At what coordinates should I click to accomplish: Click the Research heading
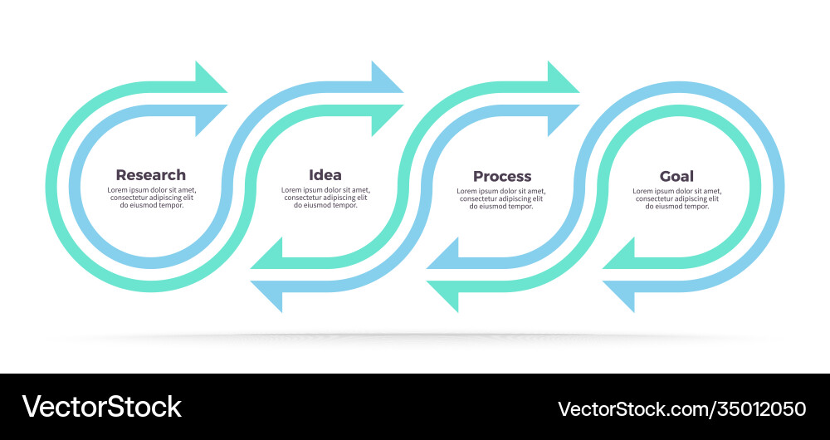tap(150, 175)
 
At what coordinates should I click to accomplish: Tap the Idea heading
tap(325, 175)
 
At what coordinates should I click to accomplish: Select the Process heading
tap(502, 176)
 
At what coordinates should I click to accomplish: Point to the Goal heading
tap(676, 176)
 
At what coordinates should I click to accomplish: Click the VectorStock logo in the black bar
tap(101, 407)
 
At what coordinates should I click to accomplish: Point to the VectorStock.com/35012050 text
tap(681, 408)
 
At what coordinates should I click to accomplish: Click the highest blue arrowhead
tap(386, 77)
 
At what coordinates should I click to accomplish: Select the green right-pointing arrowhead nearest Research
tap(210, 77)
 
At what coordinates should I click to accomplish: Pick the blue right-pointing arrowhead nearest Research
tap(210, 120)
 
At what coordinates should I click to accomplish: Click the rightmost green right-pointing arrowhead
tap(562, 77)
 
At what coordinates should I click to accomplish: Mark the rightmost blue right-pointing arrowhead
tap(562, 120)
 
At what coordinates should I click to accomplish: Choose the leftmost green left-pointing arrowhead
tap(267, 254)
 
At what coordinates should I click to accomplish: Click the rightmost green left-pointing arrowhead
tap(619, 254)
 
